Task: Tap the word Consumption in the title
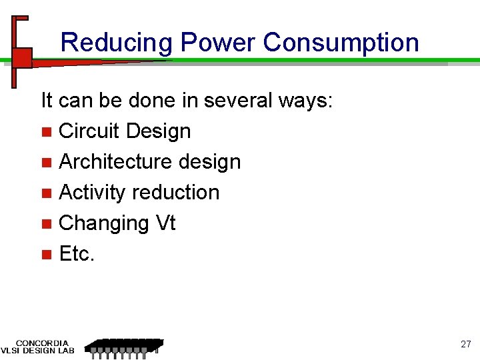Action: [x=341, y=43]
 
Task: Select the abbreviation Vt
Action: [x=165, y=223]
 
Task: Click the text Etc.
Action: [x=77, y=254]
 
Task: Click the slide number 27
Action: [x=465, y=345]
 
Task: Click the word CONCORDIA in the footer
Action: [x=42, y=343]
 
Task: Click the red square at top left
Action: [x=22, y=57]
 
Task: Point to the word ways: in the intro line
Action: [x=308, y=101]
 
